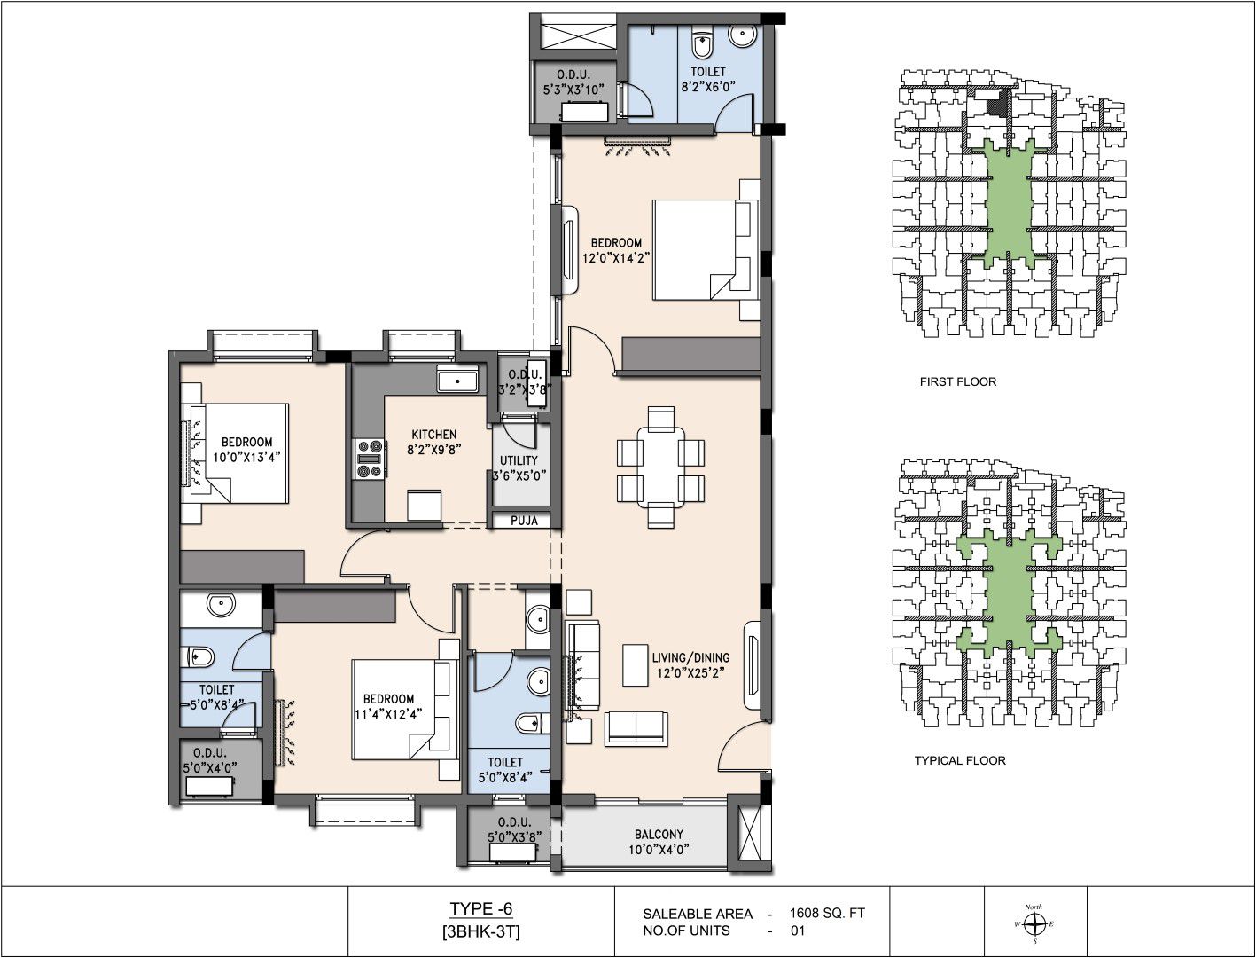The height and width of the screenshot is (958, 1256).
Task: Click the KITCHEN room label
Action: click(434, 435)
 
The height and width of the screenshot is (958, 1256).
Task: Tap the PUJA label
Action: click(524, 521)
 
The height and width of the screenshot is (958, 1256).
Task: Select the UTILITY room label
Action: click(519, 460)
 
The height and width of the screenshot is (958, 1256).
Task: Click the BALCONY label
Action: click(659, 835)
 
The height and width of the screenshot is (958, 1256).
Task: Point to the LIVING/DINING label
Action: click(690, 657)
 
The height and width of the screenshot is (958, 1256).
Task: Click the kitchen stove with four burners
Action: click(369, 458)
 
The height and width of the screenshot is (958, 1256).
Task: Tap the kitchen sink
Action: click(457, 379)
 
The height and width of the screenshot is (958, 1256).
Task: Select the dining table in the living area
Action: click(660, 466)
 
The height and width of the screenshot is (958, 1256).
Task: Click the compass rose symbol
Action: click(1034, 923)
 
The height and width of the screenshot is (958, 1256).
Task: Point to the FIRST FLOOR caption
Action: click(958, 381)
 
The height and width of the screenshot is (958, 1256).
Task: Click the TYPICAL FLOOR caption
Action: click(960, 760)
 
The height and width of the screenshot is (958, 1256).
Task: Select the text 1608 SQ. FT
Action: click(827, 913)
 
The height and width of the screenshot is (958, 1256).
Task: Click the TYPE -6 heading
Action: click(480, 908)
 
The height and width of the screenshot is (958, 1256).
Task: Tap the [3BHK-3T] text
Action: click(480, 932)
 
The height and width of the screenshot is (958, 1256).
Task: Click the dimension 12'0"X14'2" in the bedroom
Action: click(616, 257)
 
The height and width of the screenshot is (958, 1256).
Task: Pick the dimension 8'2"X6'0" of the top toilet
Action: click(708, 87)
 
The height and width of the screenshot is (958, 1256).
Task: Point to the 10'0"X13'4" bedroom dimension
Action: click(246, 457)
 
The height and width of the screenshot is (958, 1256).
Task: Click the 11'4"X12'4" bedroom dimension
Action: click(388, 713)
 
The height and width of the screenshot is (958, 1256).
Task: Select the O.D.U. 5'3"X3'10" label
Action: click(573, 82)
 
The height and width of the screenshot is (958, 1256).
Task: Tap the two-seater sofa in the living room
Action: click(636, 728)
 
